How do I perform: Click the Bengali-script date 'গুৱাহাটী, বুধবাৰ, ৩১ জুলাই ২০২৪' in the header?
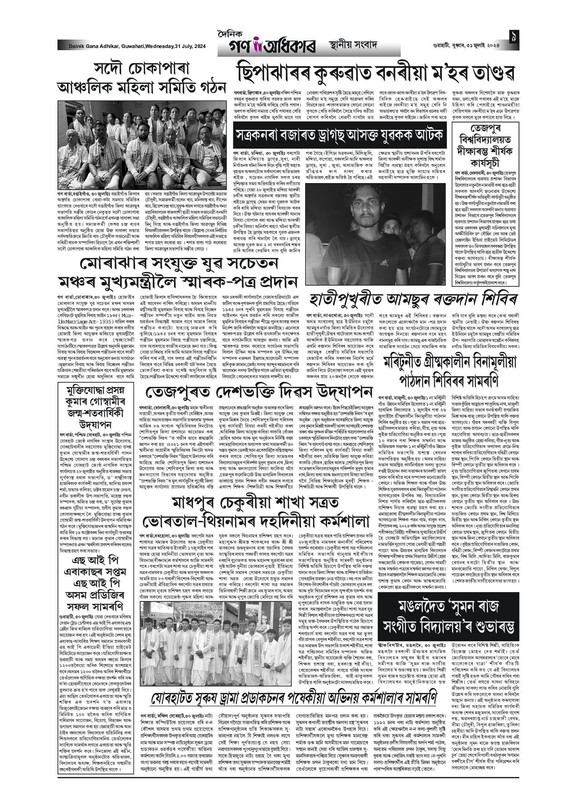tap(466, 45)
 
